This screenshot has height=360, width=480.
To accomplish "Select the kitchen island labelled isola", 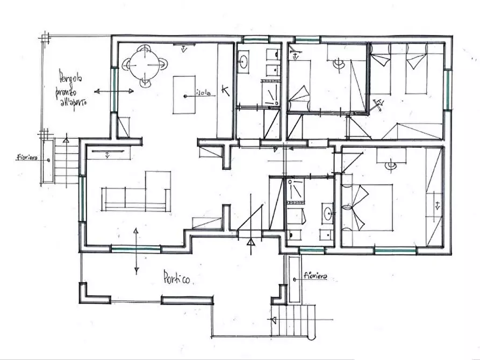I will pos(184,95).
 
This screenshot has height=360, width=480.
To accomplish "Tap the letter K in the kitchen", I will pos(225,91).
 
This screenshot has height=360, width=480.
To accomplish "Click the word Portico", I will pos(178,278).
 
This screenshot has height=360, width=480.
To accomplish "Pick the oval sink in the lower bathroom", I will pos(327,213).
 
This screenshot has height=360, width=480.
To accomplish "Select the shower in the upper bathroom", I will pos(270,92).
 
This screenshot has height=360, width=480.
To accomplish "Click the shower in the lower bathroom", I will pos(295,191).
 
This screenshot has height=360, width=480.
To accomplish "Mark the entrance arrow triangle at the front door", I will pos(250,242).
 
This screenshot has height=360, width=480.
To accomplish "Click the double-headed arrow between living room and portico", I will pos(136,250).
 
